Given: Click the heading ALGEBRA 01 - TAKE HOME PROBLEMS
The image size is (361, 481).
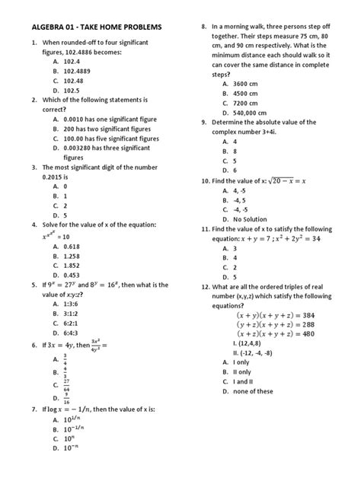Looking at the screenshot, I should (97, 27).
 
